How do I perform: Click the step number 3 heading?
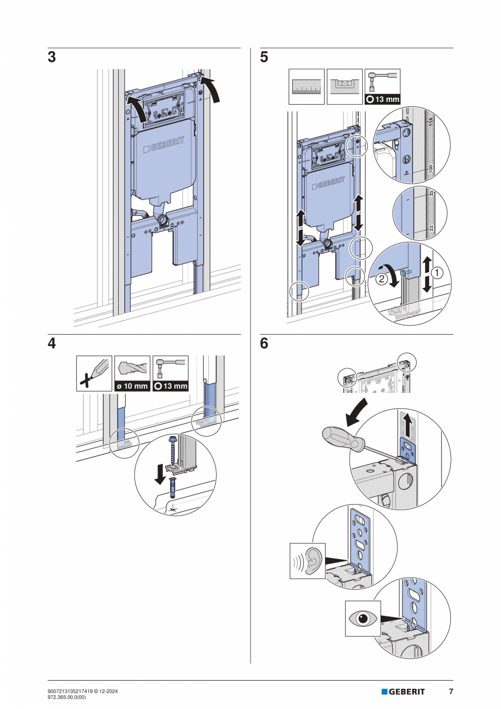point(52,58)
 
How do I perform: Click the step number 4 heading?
point(52,344)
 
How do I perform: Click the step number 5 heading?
point(264,58)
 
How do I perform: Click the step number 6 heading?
point(264,344)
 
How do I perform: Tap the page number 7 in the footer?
point(450,692)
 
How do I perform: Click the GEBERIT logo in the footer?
point(403,692)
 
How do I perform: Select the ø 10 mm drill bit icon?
point(132,373)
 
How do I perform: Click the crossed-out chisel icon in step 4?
point(94,373)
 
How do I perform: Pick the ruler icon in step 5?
point(307,86)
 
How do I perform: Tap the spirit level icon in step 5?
point(344,86)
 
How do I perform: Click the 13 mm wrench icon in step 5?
point(382,86)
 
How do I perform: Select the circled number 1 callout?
point(438,271)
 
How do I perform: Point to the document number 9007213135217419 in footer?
point(76,691)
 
